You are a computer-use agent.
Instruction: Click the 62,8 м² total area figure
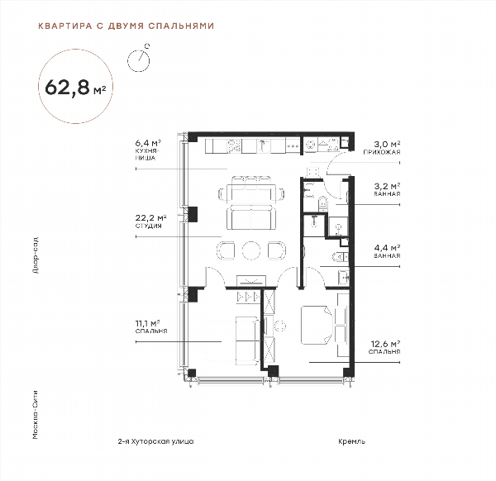tap(75, 88)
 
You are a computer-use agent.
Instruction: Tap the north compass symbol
tap(139, 60)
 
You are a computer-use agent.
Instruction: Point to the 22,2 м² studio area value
tap(151, 218)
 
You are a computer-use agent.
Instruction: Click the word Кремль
tap(352, 441)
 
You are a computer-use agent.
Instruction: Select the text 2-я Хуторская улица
tap(155, 441)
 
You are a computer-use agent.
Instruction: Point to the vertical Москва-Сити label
tap(36, 415)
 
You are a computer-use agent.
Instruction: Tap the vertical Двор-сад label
tap(36, 255)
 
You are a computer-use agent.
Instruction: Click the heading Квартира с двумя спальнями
tap(126, 26)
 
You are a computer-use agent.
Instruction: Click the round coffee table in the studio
tap(251, 250)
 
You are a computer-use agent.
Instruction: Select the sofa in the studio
tap(251, 218)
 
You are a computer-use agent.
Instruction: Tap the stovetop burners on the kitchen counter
tap(234, 146)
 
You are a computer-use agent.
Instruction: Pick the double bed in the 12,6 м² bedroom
tap(317, 325)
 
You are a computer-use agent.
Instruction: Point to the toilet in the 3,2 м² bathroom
tap(322, 203)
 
